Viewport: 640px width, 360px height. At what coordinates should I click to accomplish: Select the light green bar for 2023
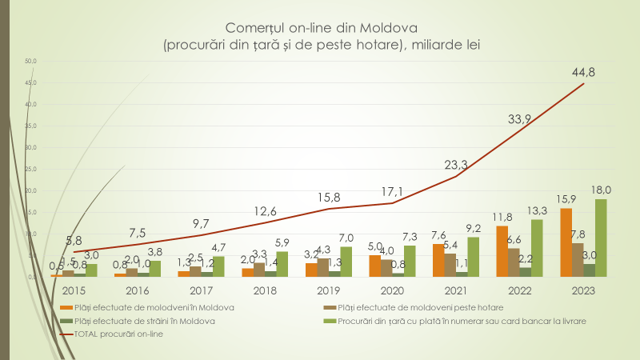601,238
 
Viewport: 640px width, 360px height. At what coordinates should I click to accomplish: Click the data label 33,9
520,119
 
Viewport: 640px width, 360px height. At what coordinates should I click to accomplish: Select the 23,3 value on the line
457,165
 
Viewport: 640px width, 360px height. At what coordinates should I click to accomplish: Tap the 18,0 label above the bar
602,190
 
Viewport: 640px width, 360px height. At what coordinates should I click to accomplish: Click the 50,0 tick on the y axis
30,61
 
